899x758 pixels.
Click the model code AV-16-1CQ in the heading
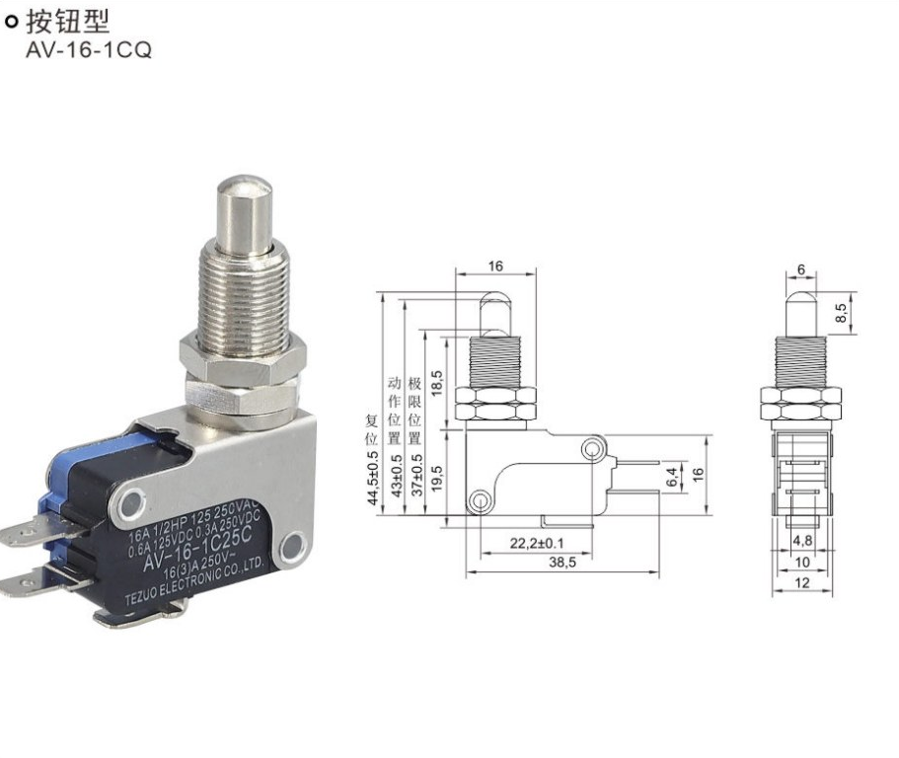click(x=89, y=50)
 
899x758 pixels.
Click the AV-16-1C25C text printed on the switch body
click(x=197, y=549)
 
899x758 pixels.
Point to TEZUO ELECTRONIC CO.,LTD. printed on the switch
click(x=194, y=579)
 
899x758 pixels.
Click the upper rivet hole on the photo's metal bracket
click(x=132, y=503)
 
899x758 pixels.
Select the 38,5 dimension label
click(x=562, y=563)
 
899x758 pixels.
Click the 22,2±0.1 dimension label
click(x=537, y=543)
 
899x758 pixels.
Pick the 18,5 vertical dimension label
click(x=437, y=383)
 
